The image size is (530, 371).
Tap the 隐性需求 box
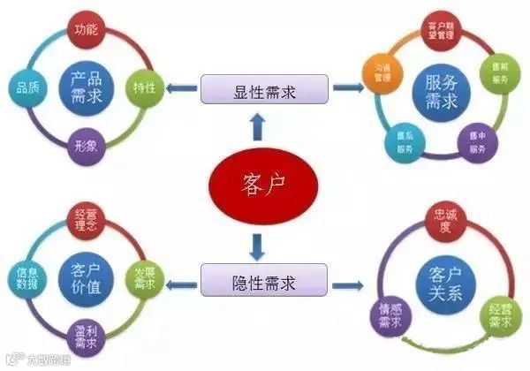(264, 284)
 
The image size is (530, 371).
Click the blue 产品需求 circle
(86, 87)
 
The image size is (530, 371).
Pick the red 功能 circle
(87, 33)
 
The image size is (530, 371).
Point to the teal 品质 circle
(27, 87)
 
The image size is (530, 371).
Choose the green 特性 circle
(143, 87)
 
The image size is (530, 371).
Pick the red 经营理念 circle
(87, 221)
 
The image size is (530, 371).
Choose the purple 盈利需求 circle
(87, 336)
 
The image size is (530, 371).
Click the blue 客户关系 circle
(443, 281)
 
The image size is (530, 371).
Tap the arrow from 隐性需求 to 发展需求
(182, 284)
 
